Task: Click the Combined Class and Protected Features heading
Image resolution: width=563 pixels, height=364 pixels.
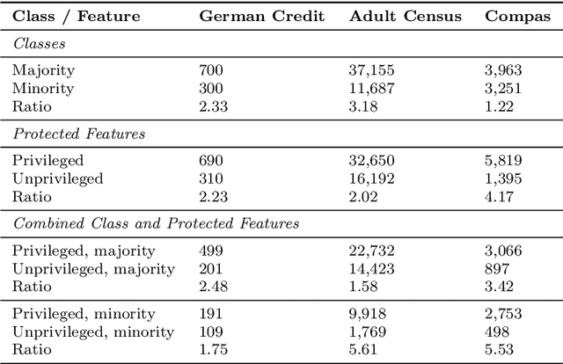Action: [156, 223]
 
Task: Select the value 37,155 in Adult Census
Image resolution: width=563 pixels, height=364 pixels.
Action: [371, 70]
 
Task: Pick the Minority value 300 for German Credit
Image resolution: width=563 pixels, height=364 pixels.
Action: [211, 88]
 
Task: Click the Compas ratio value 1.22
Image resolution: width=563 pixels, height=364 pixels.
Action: [499, 106]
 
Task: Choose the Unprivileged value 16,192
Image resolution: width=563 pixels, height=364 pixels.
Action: [371, 178]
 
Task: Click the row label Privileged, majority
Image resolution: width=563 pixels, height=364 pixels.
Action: [84, 251]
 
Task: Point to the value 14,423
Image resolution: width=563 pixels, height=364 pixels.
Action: [371, 268]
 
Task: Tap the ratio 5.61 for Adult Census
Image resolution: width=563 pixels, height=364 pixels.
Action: [363, 348]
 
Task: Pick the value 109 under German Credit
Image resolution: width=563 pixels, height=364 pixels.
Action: [211, 331]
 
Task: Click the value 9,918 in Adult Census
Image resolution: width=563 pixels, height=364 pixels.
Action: [368, 313]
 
